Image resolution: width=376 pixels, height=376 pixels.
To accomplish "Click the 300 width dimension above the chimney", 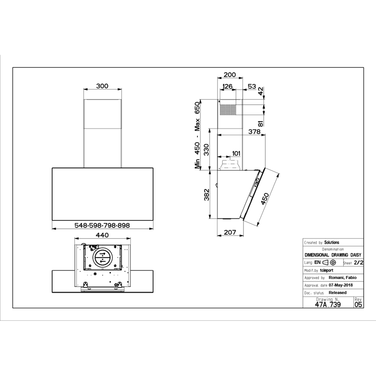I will click(102, 86).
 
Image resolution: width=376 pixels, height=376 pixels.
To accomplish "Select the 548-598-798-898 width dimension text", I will click(102, 225).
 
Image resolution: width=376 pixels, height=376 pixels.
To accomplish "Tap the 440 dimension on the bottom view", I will click(102, 235).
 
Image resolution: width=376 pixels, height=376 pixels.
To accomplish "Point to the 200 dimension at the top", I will click(230, 75).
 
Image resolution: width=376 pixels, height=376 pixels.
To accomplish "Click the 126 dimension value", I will click(227, 87).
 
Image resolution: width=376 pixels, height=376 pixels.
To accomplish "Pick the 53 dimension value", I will click(252, 87).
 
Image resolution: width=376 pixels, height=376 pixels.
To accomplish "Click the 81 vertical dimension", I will click(261, 123).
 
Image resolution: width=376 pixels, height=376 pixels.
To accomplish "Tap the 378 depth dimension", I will click(254, 132).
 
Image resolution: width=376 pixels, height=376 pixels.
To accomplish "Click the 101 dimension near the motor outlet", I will click(236, 153).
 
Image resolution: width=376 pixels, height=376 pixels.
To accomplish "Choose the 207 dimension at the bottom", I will click(230, 232).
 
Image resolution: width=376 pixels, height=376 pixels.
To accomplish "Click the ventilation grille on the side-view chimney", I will click(228, 110).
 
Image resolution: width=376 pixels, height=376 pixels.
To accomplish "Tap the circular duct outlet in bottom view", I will click(102, 257).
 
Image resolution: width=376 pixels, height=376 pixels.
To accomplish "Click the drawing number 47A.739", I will click(327, 305).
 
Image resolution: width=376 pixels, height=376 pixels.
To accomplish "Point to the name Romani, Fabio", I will click(343, 278).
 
